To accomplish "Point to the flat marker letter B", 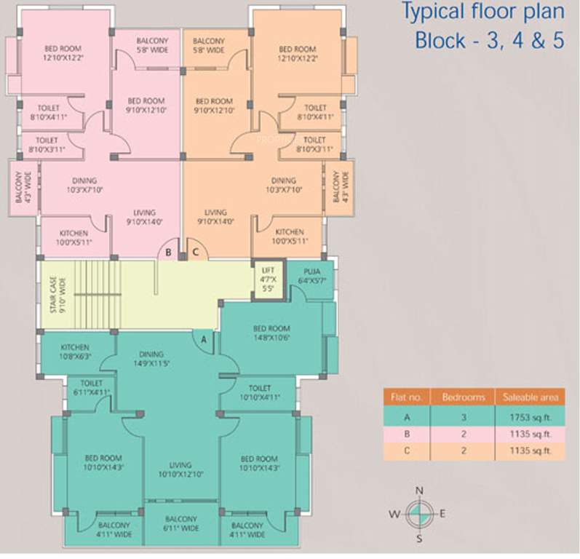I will tap(168, 253).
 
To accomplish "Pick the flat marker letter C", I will tap(195, 253).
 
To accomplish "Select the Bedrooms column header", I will tap(463, 398).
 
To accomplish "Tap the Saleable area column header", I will tap(528, 398).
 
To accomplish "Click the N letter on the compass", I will tap(419, 491).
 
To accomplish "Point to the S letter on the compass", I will tap(419, 539).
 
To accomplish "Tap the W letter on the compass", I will tap(394, 514).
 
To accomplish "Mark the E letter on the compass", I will tap(442, 514).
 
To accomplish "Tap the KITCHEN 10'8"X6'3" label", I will tap(76, 352).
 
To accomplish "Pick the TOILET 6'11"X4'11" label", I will tap(92, 387).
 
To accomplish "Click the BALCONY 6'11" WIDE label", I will tap(180, 524).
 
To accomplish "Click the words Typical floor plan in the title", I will tap(483, 12).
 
